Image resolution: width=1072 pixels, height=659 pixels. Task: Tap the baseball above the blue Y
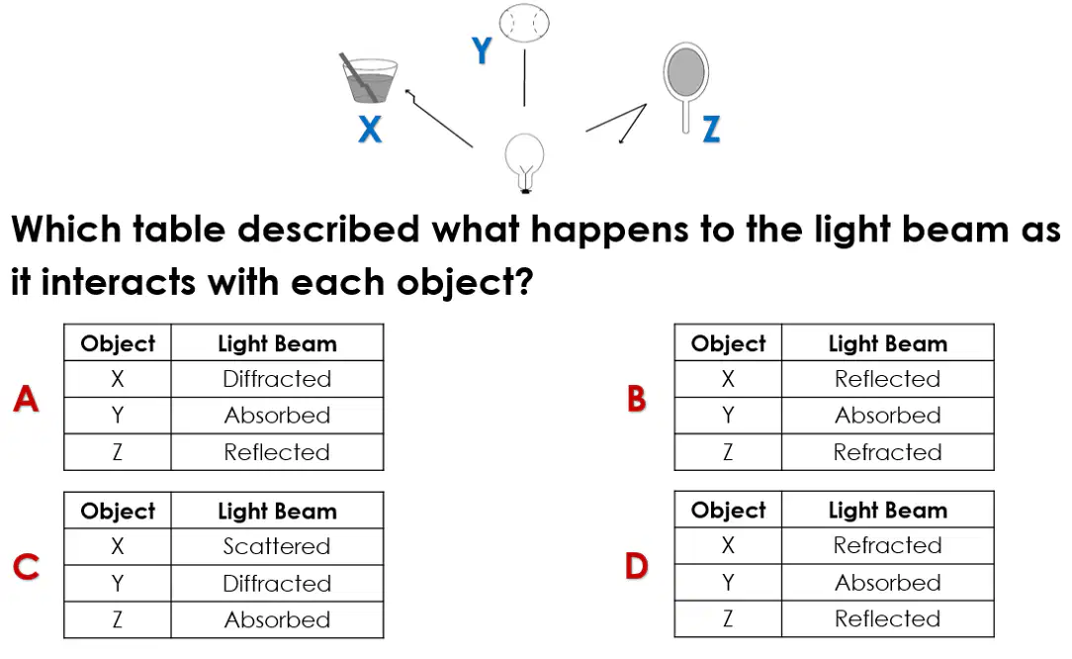(x=524, y=24)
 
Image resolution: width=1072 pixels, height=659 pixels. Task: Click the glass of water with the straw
(x=369, y=78)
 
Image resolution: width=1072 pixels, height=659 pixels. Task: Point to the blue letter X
(x=370, y=129)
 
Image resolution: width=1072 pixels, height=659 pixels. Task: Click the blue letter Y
(x=482, y=49)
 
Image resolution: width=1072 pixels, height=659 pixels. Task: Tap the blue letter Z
(x=712, y=129)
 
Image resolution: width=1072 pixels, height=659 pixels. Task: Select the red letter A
(x=26, y=399)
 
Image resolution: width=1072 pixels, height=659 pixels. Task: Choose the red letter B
(x=637, y=399)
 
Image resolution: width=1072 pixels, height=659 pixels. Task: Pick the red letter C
(x=27, y=567)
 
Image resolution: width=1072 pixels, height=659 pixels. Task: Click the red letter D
(x=637, y=566)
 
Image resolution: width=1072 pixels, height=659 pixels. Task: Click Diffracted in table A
(x=277, y=378)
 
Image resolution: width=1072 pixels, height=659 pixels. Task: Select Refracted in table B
(x=887, y=451)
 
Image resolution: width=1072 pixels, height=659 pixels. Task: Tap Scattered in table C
(x=277, y=546)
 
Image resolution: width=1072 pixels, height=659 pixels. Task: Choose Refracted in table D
(x=887, y=545)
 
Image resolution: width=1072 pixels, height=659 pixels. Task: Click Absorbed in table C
(x=277, y=619)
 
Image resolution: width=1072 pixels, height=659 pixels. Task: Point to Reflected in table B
(x=887, y=378)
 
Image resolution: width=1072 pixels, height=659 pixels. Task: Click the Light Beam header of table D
(x=887, y=510)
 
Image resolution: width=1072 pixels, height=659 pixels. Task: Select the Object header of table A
(x=118, y=343)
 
